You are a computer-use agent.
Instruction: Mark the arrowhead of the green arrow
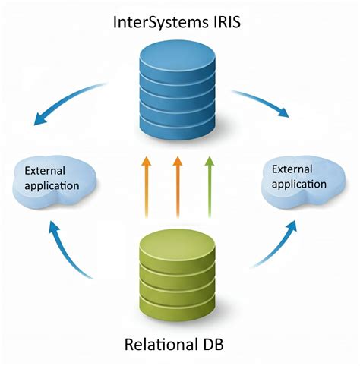click(x=209, y=161)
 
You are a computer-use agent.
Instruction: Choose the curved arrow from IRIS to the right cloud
click(x=262, y=103)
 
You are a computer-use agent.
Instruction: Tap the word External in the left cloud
click(x=44, y=170)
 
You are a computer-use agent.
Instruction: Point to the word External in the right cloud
click(x=292, y=169)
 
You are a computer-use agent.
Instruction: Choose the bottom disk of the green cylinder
click(x=175, y=314)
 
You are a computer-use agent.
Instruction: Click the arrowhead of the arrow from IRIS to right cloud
click(x=284, y=114)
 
